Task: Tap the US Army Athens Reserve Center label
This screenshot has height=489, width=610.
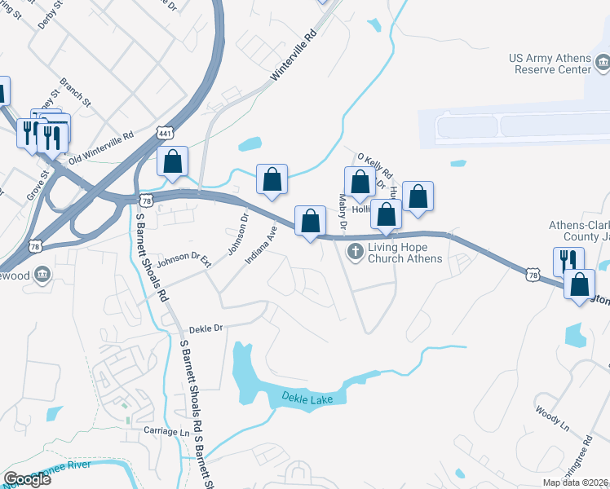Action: click(x=550, y=64)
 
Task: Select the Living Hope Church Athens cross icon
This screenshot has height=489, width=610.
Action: click(x=355, y=252)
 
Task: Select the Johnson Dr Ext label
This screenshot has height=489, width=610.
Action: click(x=184, y=262)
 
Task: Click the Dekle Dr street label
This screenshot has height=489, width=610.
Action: click(x=206, y=328)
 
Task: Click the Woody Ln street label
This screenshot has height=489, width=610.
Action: click(x=551, y=415)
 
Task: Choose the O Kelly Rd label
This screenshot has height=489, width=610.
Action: click(x=375, y=164)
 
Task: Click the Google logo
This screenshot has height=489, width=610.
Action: click(x=28, y=479)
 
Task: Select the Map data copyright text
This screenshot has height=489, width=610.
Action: click(x=576, y=482)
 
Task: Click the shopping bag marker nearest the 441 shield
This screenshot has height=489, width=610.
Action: click(x=172, y=161)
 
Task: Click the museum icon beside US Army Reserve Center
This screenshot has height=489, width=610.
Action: click(x=602, y=62)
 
